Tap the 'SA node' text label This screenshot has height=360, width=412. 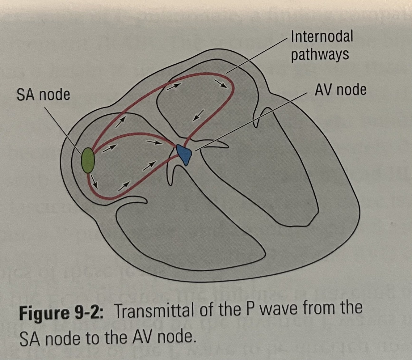click(43, 95)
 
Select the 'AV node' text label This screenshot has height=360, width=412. click(340, 90)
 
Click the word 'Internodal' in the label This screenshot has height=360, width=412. click(322, 36)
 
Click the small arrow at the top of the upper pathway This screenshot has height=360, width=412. click(173, 86)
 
